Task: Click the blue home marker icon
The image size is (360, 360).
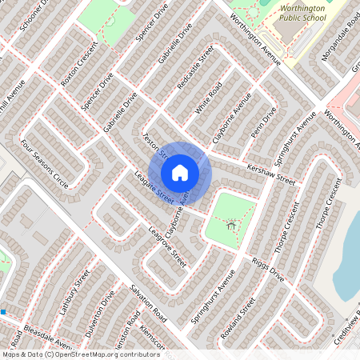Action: coord(180,172)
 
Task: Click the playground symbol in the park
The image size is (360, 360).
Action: coord(231,226)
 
